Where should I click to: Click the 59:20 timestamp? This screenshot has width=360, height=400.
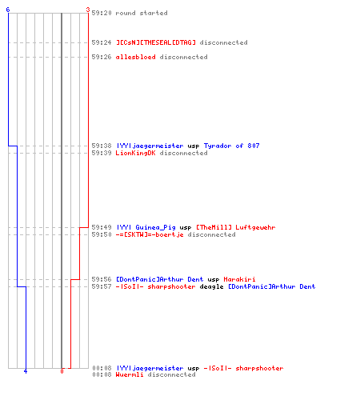coord(102,13)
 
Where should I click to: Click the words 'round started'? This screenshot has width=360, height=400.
coord(142,13)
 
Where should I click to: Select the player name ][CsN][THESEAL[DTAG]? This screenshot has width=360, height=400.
coord(156,42)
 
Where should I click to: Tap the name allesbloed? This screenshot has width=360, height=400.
coord(135,57)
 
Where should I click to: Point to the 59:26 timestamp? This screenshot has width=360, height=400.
coord(102,57)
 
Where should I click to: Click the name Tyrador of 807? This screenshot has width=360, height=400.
coord(231,146)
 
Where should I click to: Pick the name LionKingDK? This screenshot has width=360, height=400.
coord(135,153)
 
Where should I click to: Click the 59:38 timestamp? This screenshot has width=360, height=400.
coord(102,146)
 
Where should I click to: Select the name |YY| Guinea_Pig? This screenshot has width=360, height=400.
coord(146,227)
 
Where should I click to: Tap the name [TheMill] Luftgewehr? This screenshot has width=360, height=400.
coord(236,227)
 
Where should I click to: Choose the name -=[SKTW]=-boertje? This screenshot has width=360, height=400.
coord(150,234)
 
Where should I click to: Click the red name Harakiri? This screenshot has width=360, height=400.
coord(239,279)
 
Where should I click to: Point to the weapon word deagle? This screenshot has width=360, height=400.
coord(211,286)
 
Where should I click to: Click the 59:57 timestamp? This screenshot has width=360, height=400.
coord(102,286)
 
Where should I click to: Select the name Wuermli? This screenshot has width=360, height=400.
coord(130,374)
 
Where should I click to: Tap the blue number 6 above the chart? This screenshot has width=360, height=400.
coord(8,10)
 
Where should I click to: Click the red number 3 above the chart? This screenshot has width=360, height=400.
coord(88,10)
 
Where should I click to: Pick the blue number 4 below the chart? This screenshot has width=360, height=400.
coord(26,371)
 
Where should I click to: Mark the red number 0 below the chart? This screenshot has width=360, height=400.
coord(62,371)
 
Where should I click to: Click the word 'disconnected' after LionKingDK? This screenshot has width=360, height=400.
coord(183,153)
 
